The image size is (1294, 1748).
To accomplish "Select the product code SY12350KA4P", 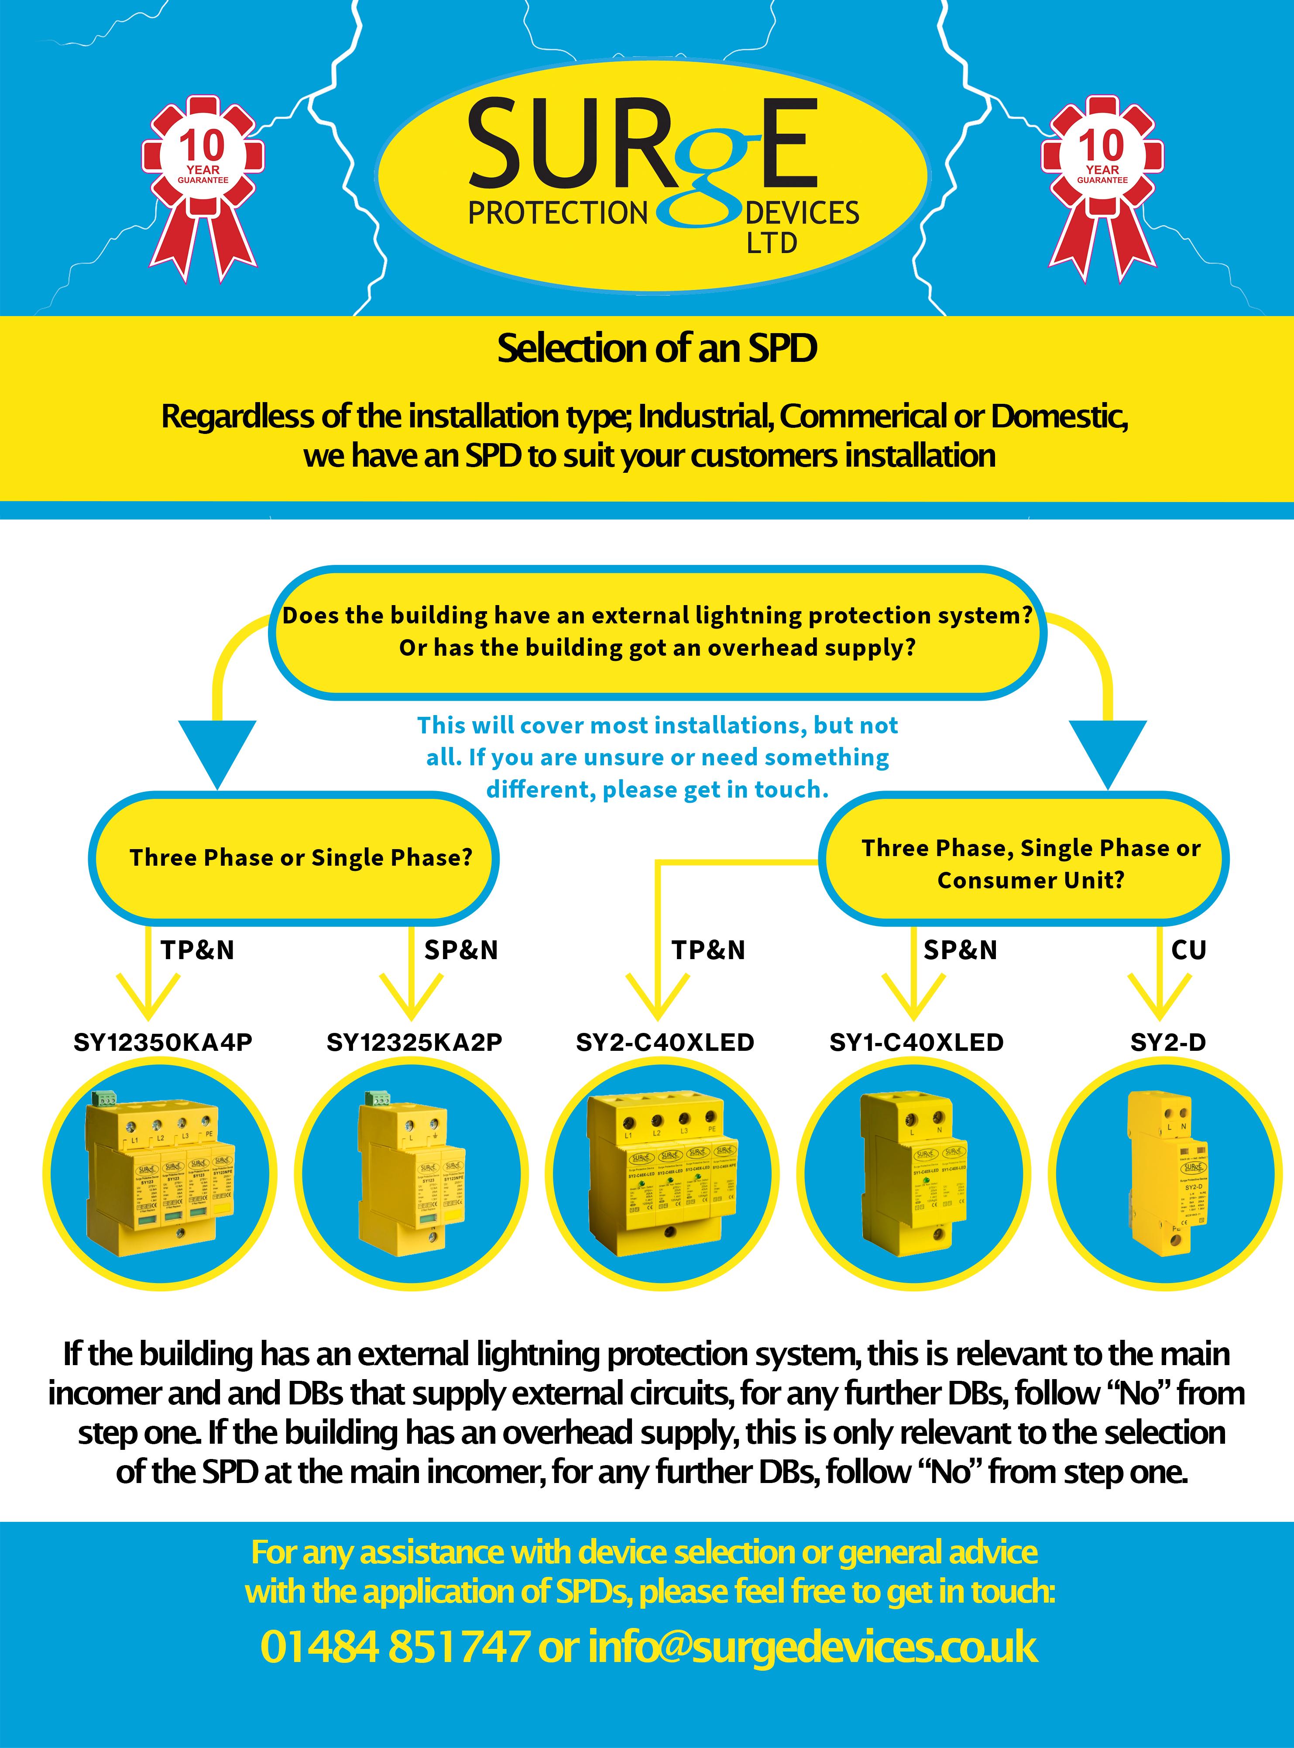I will pyautogui.click(x=163, y=1042).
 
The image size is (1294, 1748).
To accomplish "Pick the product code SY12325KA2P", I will pyautogui.click(x=414, y=1042).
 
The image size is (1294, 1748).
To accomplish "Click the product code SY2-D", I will pyautogui.click(x=1168, y=1042).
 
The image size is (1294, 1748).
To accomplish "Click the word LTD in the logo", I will pyautogui.click(x=772, y=244).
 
